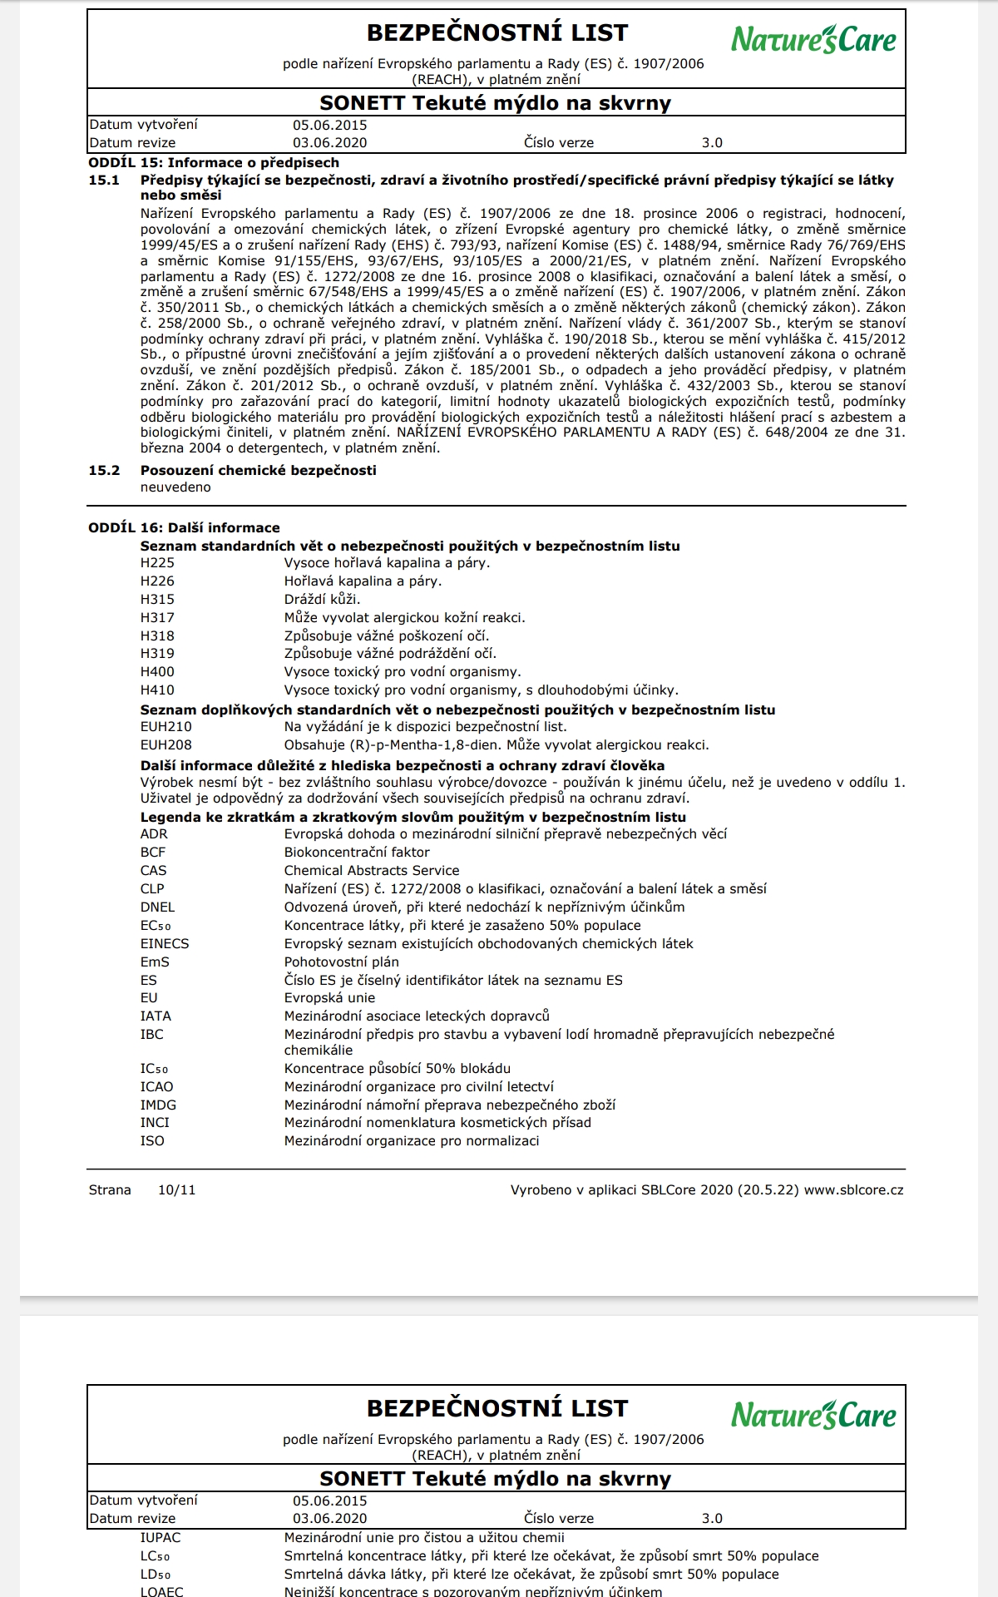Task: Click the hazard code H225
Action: click(157, 563)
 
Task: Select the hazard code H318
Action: click(157, 636)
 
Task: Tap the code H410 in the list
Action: click(157, 690)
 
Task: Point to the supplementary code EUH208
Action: click(166, 745)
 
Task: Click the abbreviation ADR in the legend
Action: click(154, 834)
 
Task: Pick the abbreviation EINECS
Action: click(165, 944)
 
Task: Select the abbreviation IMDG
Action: click(158, 1105)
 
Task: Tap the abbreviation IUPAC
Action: click(161, 1538)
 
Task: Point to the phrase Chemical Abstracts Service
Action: click(371, 871)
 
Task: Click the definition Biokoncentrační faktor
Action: click(357, 853)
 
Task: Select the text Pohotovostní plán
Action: click(341, 962)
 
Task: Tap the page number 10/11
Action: click(177, 1190)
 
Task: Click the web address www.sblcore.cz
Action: click(853, 1190)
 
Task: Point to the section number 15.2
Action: click(104, 471)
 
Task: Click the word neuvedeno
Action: click(175, 487)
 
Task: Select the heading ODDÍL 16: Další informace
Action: click(184, 528)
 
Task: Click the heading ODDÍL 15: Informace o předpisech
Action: click(214, 163)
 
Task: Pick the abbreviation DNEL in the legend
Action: click(157, 907)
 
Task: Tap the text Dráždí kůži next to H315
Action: click(322, 600)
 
